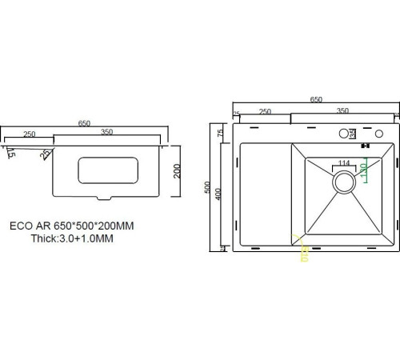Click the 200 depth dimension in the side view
point(178,170)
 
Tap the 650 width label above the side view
point(83,122)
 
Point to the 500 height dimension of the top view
point(208,189)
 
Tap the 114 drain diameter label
point(343,163)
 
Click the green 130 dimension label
point(364,170)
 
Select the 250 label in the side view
point(29,134)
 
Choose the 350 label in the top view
point(342,111)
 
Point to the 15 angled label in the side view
point(10,152)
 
